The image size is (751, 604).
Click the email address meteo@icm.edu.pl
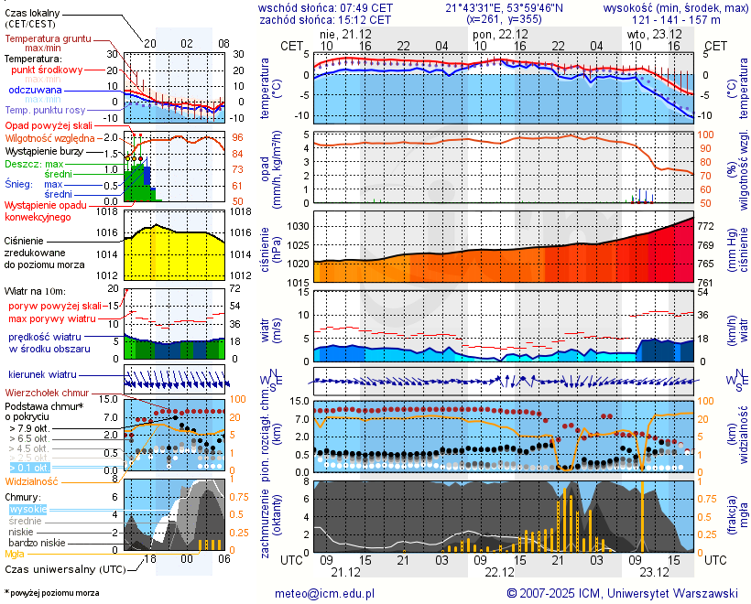(326, 593)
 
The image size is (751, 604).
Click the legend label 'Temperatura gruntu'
(48, 40)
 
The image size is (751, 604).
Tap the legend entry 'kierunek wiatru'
(43, 374)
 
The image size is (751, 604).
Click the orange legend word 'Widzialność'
(32, 480)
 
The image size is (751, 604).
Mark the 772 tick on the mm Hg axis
(707, 225)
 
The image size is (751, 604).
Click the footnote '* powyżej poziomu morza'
(51, 593)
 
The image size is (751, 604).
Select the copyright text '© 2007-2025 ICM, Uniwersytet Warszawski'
(623, 593)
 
